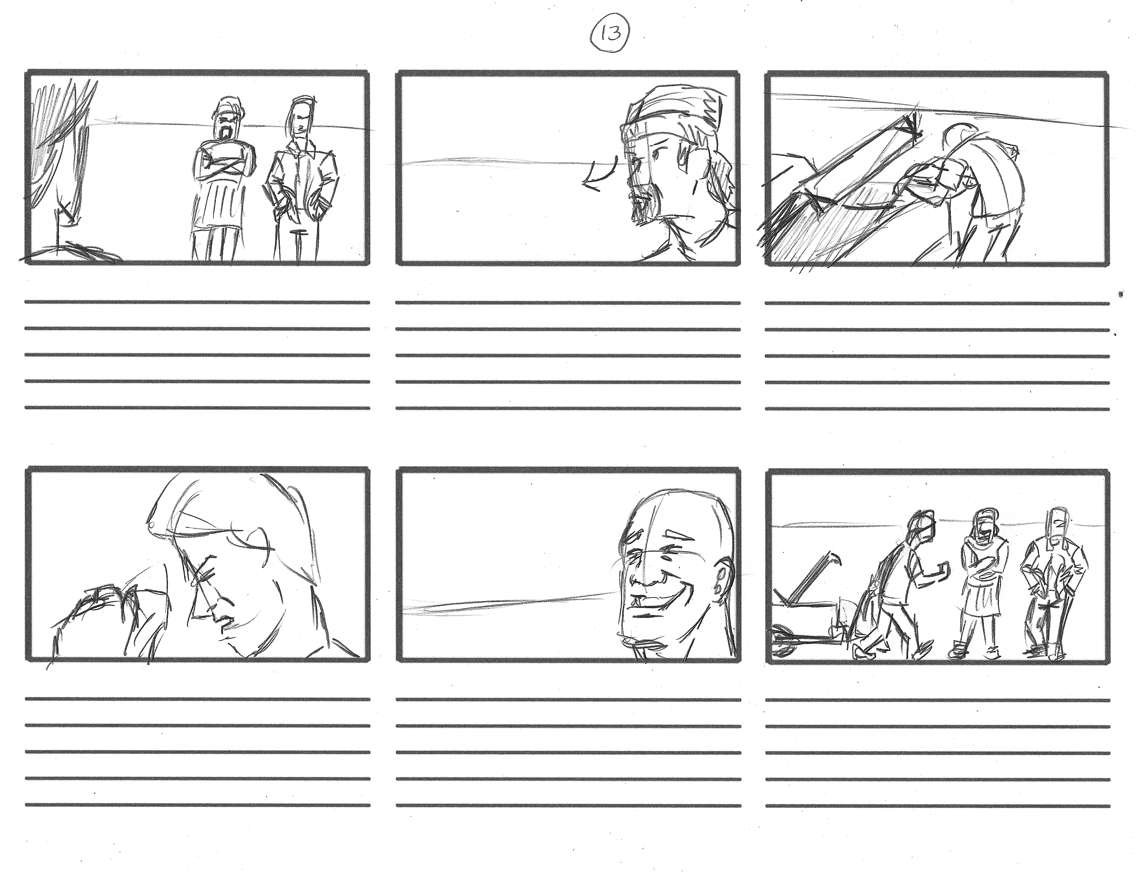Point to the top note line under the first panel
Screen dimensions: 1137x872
pyautogui.click(x=197, y=302)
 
